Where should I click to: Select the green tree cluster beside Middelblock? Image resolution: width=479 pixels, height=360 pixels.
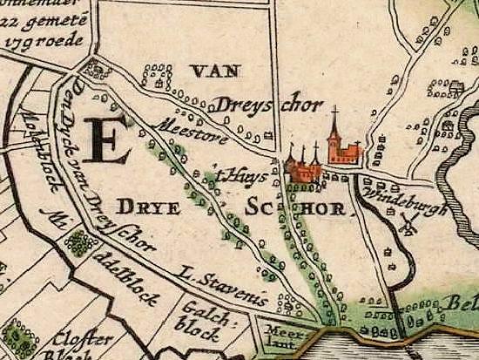tap(80, 243)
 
